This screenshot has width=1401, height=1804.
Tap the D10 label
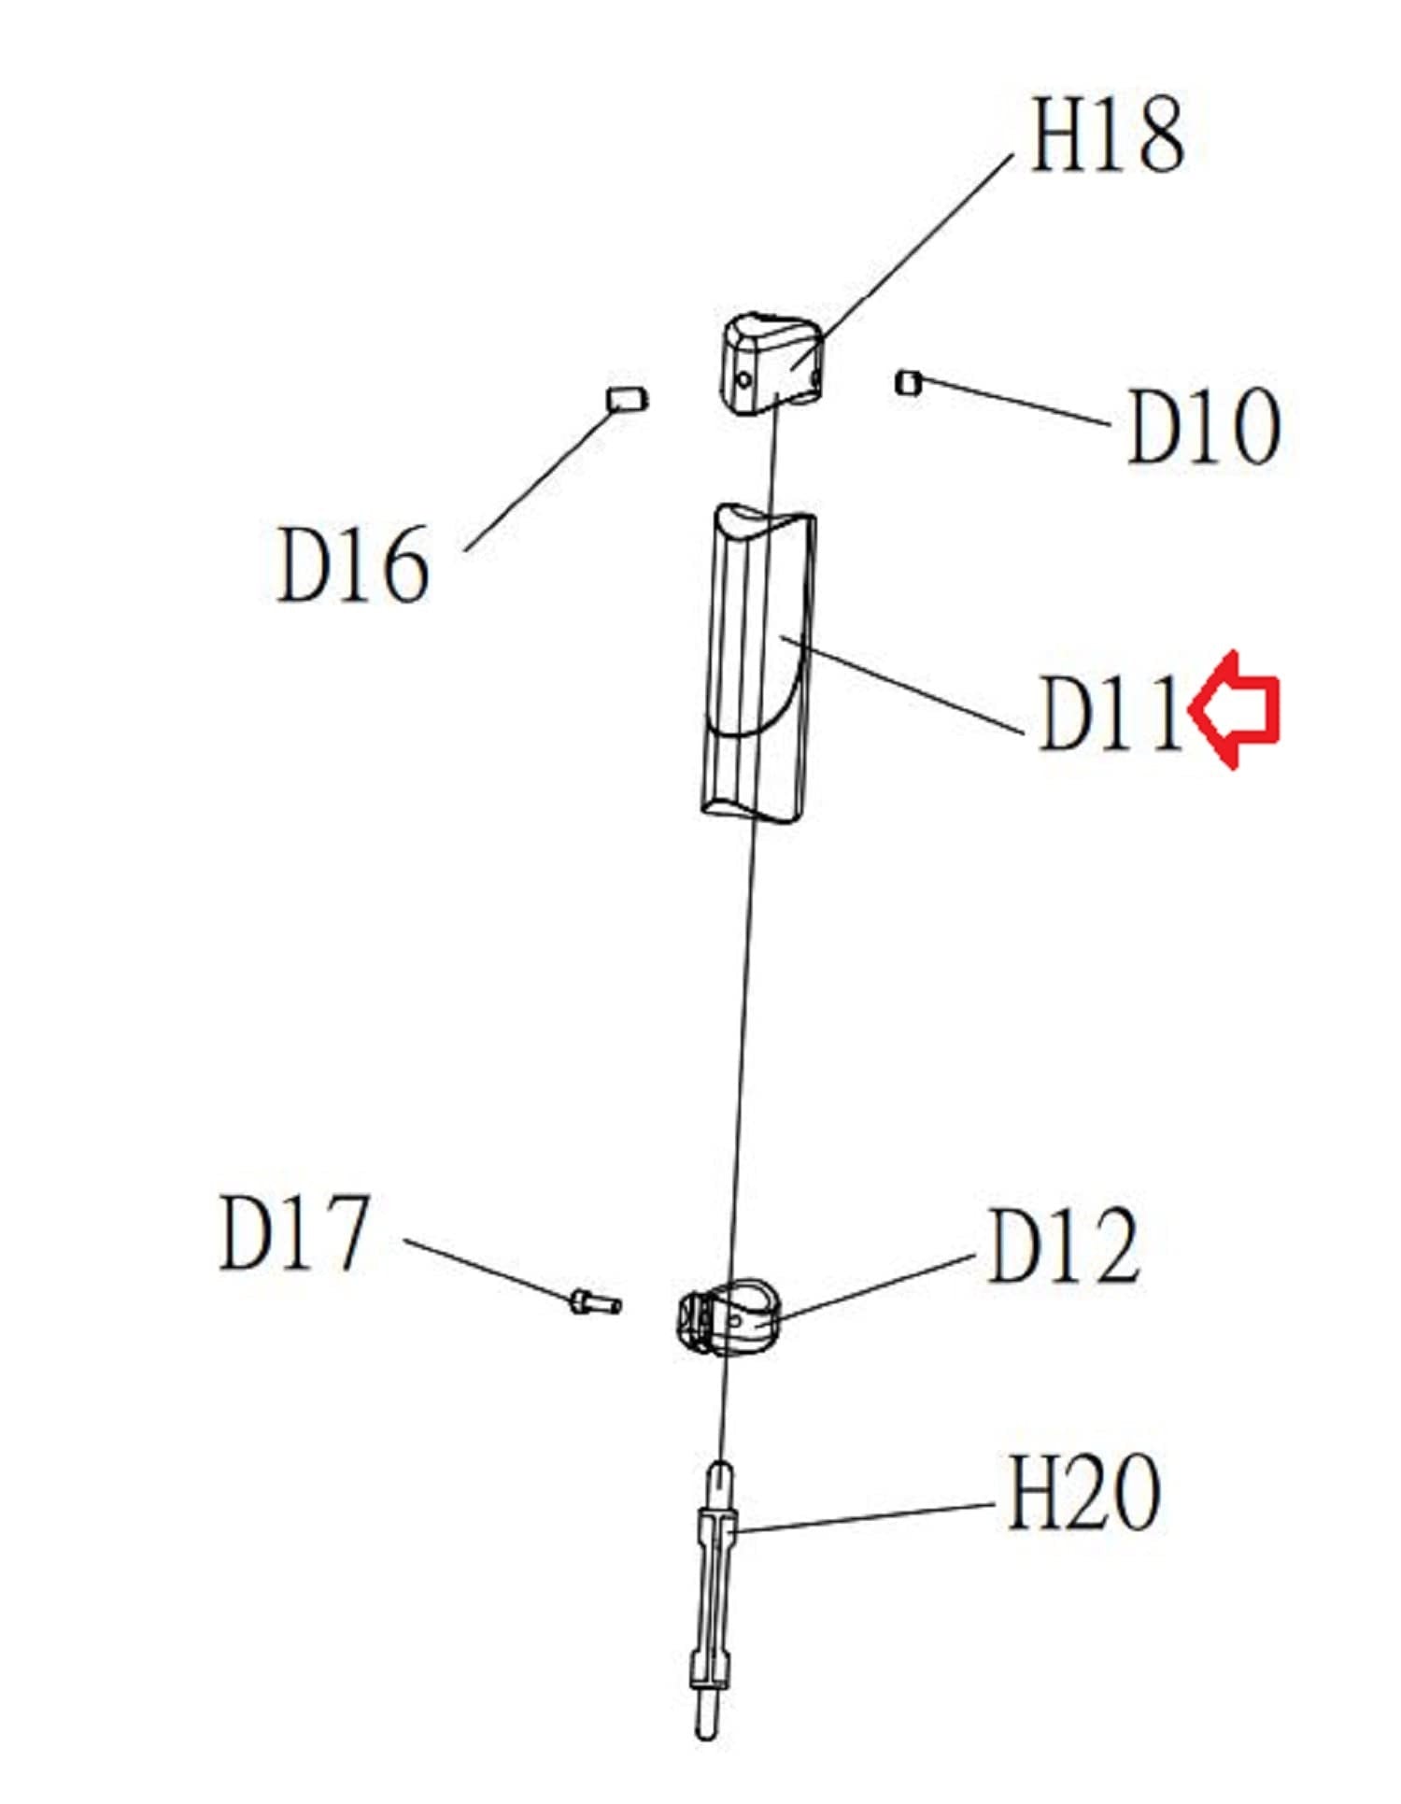pos(1203,427)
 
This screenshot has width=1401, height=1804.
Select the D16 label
pos(353,564)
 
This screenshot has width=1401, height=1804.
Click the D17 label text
pos(294,1233)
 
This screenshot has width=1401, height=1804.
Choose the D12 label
pos(1063,1246)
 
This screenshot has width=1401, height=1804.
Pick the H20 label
pos(1083,1493)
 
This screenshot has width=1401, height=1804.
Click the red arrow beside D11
pos(1235,710)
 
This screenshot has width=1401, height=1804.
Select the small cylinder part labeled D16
pos(627,399)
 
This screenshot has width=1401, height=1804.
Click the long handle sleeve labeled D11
pos(758,663)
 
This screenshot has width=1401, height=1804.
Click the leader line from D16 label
pos(537,481)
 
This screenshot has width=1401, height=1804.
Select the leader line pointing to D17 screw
pos(486,1271)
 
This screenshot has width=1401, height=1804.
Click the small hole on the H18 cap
pos(744,380)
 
